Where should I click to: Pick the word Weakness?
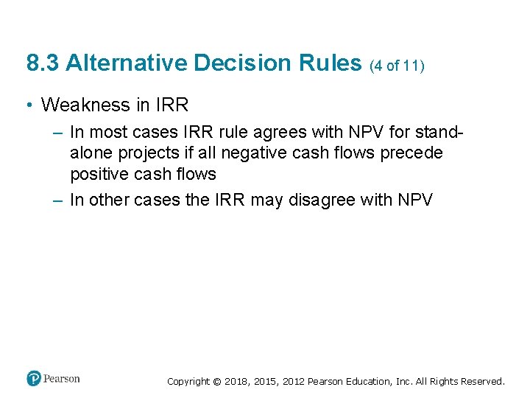(x=85, y=105)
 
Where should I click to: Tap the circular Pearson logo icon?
(x=34, y=379)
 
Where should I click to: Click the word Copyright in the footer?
(x=188, y=382)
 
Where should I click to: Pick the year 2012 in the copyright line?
(x=291, y=382)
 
